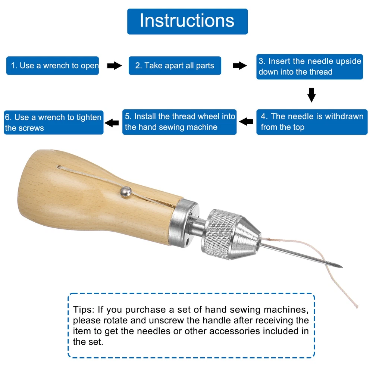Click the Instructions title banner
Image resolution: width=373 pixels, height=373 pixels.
click(188, 21)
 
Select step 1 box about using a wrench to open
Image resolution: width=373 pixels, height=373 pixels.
click(53, 66)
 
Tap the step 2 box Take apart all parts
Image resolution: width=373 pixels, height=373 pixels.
click(175, 66)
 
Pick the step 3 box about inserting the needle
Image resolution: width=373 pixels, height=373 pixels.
click(310, 67)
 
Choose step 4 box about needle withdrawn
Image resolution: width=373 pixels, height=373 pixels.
click(312, 122)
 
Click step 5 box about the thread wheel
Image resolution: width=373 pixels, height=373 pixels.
click(179, 122)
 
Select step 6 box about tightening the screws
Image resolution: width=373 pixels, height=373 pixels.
click(54, 122)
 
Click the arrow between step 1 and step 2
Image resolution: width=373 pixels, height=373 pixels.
click(115, 66)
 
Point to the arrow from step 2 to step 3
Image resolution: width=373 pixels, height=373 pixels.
click(240, 66)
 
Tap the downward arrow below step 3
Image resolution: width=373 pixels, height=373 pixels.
click(311, 95)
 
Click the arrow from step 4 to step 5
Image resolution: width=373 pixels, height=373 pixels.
click(246, 122)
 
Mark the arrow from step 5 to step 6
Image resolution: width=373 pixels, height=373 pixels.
click(112, 123)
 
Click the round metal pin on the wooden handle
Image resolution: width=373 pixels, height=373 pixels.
click(126, 192)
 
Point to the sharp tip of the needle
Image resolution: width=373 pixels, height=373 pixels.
click(342, 267)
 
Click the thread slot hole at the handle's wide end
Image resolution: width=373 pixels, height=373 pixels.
click(59, 167)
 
